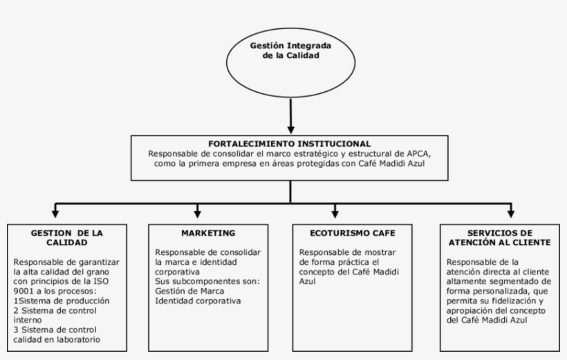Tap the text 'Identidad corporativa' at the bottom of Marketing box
[198, 301]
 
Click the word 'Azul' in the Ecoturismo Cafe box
[308, 282]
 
